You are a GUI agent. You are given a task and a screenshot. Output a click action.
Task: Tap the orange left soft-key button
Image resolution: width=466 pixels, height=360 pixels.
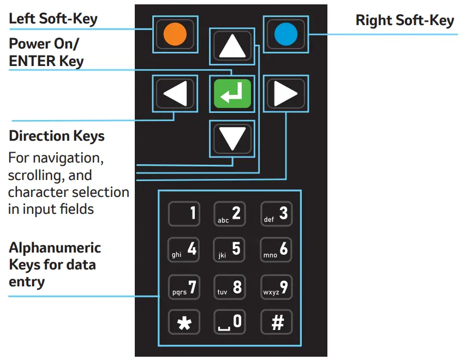tap(175, 34)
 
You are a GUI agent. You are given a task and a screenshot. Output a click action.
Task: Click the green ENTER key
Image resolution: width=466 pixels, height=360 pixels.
tap(232, 94)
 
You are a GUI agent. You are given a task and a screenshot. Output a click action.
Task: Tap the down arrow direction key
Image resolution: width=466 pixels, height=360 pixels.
tap(232, 139)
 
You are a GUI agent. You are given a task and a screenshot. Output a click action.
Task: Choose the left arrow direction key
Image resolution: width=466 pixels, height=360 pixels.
tap(175, 94)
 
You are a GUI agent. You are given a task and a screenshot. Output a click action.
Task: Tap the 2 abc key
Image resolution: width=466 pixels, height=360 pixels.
tap(230, 213)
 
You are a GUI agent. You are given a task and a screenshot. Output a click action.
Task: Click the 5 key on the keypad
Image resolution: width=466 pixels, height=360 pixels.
tap(230, 249)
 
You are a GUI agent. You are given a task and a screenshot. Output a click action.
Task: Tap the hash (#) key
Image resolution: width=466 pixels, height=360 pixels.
tap(276, 322)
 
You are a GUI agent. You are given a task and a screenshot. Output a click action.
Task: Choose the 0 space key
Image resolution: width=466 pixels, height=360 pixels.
tap(230, 322)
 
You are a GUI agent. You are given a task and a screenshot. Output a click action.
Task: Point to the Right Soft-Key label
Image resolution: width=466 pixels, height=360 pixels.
tap(404, 21)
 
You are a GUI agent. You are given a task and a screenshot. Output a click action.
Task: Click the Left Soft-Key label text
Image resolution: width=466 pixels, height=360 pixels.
tap(53, 19)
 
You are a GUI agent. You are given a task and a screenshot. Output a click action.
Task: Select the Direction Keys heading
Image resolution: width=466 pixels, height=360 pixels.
tap(57, 136)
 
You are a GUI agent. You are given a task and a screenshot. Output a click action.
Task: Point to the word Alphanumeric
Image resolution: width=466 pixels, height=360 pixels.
tap(55, 248)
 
